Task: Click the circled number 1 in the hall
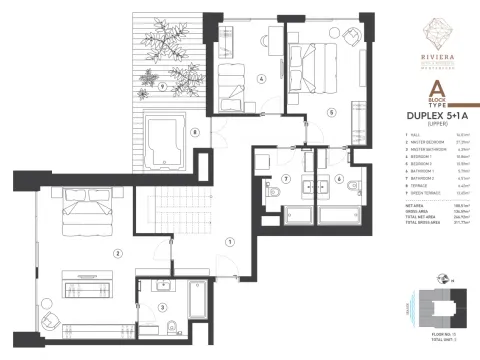click(231, 240)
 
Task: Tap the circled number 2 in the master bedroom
click(119, 253)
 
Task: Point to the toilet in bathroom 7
click(270, 197)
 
